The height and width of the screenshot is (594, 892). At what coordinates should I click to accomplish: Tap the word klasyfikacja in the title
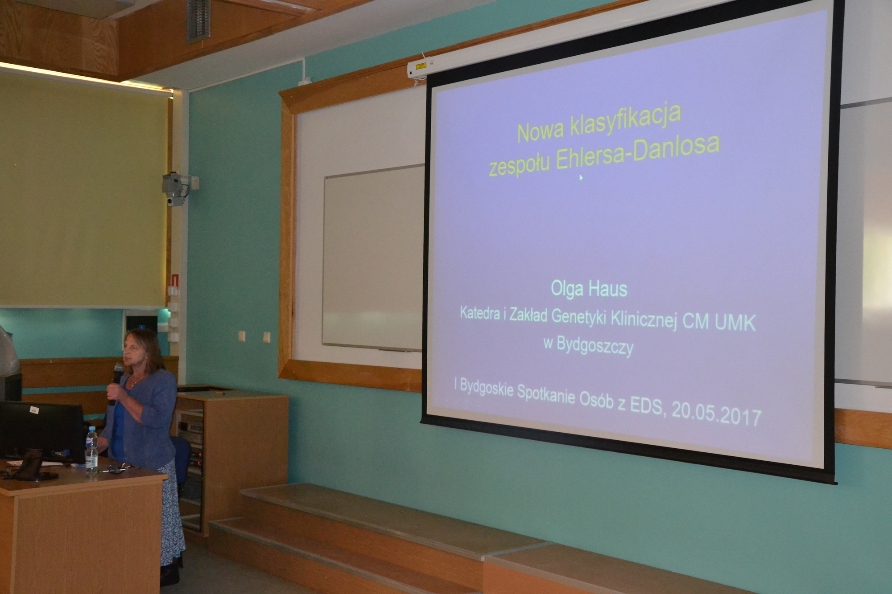(x=626, y=121)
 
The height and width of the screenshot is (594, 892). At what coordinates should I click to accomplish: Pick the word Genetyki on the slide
(x=581, y=316)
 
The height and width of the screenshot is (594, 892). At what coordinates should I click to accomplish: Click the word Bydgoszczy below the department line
(x=595, y=346)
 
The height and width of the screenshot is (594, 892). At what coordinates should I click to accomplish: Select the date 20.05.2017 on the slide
(x=716, y=414)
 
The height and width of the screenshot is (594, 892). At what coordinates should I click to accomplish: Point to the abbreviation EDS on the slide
(x=643, y=406)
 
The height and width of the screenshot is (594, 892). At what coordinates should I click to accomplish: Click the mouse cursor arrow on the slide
(x=581, y=177)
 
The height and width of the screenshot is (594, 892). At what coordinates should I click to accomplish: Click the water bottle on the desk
(x=91, y=449)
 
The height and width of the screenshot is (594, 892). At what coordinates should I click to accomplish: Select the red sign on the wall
(x=175, y=280)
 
